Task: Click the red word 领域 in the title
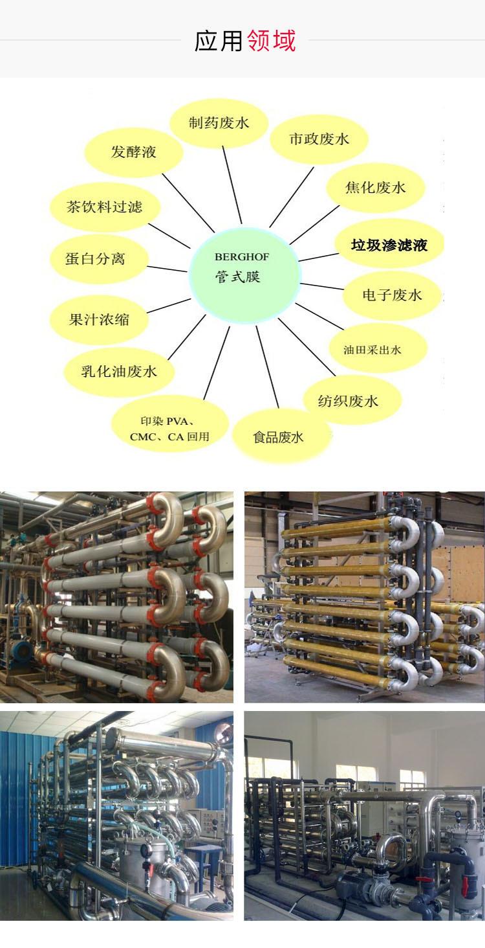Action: click(271, 41)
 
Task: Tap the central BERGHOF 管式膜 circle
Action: click(244, 273)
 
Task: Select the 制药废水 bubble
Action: click(219, 123)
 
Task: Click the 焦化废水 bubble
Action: click(375, 188)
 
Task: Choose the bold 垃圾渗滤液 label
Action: click(389, 245)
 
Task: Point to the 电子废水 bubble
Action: click(392, 295)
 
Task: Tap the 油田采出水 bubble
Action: click(372, 350)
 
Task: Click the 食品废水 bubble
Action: click(278, 436)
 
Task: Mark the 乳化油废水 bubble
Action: click(119, 372)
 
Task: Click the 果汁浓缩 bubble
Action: click(99, 319)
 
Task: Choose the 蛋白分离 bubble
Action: click(96, 259)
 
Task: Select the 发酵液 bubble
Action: click(133, 153)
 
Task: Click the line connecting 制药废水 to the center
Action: click(232, 185)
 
